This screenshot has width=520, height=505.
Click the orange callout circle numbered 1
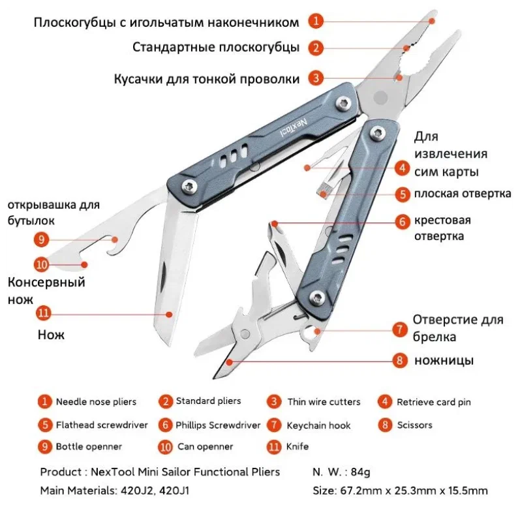click(x=316, y=21)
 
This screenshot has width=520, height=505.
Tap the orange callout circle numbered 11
click(x=43, y=313)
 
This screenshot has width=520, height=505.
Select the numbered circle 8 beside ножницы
click(x=401, y=360)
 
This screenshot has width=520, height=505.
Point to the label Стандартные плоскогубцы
click(x=215, y=48)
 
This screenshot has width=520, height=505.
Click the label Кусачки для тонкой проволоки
click(x=207, y=79)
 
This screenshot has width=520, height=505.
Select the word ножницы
click(x=444, y=360)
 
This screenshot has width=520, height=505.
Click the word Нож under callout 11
click(x=51, y=335)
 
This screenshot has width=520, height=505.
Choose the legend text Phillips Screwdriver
click(x=218, y=425)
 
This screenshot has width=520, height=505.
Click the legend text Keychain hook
click(x=318, y=425)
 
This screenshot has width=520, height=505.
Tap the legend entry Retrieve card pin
click(x=433, y=402)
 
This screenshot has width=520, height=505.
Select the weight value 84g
click(x=365, y=471)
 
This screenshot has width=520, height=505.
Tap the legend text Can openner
click(x=206, y=447)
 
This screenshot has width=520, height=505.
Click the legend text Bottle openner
click(x=89, y=447)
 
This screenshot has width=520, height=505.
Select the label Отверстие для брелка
click(x=457, y=328)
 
